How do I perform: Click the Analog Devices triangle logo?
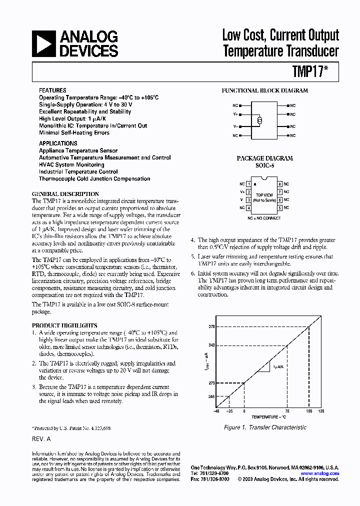point(43,43)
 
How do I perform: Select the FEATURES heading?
point(52,90)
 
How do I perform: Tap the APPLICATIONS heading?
point(58,143)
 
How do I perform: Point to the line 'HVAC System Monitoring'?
point(71,164)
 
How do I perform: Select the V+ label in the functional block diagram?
point(235,114)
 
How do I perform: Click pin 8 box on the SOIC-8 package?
point(280,184)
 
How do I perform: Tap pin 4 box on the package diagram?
point(248,207)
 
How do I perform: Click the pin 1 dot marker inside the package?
point(254,185)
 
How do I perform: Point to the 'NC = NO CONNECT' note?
point(264,218)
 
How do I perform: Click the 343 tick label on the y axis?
point(211,344)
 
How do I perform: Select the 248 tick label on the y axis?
point(211,396)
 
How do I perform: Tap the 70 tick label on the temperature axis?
point(287,411)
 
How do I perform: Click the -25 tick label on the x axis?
point(229,411)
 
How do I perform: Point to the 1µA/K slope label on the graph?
point(277,366)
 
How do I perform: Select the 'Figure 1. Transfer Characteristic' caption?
point(265,427)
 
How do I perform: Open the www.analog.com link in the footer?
point(319,473)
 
